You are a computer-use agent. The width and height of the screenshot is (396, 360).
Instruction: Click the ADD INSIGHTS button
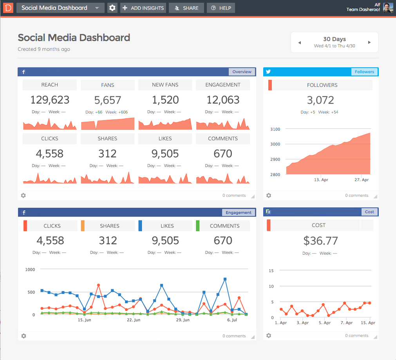(x=143, y=8)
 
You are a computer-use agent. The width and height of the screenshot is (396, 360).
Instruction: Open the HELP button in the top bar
(x=221, y=8)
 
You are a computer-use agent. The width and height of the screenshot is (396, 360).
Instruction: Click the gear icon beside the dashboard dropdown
(x=112, y=8)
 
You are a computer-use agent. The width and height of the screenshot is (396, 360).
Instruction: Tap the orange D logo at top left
(x=7, y=8)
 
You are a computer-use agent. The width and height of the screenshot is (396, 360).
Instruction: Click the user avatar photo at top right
(x=388, y=8)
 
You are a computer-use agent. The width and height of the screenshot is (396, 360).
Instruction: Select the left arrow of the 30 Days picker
(x=300, y=42)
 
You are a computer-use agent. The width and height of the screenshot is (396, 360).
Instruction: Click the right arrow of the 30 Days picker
(x=369, y=42)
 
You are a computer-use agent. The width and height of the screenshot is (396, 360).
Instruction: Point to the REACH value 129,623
(x=50, y=100)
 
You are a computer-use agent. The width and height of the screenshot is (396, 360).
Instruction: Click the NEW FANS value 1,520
(x=165, y=100)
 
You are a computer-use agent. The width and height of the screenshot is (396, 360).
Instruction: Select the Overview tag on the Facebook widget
(x=242, y=72)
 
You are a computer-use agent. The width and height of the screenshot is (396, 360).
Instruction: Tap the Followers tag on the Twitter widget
(x=364, y=72)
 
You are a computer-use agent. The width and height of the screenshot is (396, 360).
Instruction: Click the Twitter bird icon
(x=268, y=72)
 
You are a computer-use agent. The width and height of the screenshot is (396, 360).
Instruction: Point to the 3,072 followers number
(x=320, y=100)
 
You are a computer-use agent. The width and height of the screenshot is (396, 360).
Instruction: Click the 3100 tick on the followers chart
(x=275, y=129)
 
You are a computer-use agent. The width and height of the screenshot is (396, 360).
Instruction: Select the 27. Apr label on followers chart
(x=362, y=180)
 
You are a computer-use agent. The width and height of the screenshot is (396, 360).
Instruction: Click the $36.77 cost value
(x=320, y=241)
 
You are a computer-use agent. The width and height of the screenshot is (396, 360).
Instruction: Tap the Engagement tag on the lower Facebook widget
(x=239, y=212)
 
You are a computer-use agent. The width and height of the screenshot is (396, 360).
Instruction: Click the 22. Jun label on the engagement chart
(x=134, y=320)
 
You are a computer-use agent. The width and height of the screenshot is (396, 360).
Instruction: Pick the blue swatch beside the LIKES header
(x=140, y=226)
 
